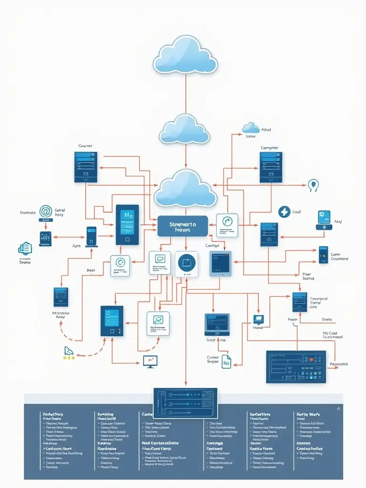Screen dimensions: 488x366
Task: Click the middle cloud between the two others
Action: point(184,129)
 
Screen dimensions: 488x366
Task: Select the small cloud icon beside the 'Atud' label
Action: point(250,128)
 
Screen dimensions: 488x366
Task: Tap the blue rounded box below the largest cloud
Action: point(183,226)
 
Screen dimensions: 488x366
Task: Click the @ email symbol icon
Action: point(46,211)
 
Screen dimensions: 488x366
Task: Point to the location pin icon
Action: point(313,185)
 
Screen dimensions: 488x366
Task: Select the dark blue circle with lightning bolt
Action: point(284,212)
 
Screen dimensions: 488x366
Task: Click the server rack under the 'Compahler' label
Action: point(271,167)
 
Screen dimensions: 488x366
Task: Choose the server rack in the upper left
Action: point(86,167)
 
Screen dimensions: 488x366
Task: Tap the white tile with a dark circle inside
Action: point(186,264)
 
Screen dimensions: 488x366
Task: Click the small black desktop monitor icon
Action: point(150,361)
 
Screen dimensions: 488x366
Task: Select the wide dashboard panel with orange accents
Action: point(296,367)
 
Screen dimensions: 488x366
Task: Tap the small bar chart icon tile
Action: point(46,238)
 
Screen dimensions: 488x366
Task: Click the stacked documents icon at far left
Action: point(25,248)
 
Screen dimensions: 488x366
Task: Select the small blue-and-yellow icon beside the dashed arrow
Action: point(69,352)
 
